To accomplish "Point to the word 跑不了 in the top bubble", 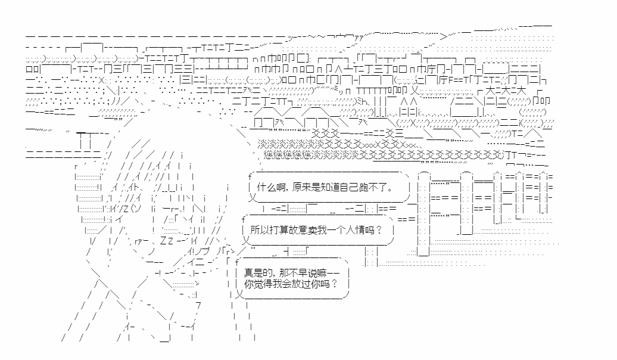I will click(x=369, y=188).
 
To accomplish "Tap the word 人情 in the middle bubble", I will click(x=356, y=230).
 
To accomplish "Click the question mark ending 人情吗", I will click(x=380, y=230).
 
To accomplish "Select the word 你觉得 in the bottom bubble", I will click(x=254, y=284).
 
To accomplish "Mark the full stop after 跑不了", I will click(x=389, y=190).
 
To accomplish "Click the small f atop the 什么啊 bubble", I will click(x=249, y=177).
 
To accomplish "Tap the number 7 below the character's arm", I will click(x=198, y=305).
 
